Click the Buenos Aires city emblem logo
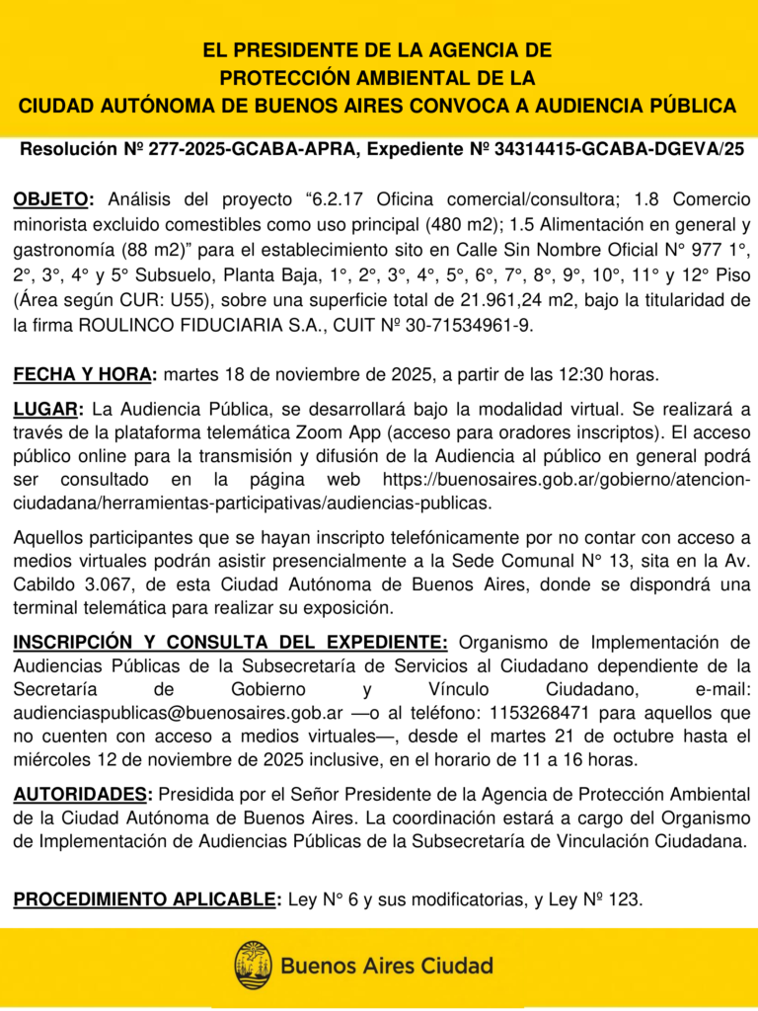253,965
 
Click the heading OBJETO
52,200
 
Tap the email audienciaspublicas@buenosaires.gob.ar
179,711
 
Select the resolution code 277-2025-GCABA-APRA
253,150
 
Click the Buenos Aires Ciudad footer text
387,966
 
